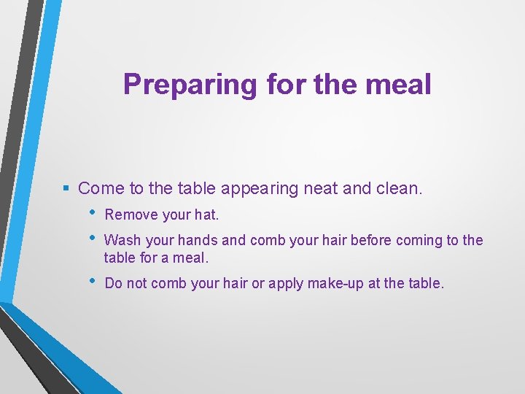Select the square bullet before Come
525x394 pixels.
66,188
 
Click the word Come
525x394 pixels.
101,188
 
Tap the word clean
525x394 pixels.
399,188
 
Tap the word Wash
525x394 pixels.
121,240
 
